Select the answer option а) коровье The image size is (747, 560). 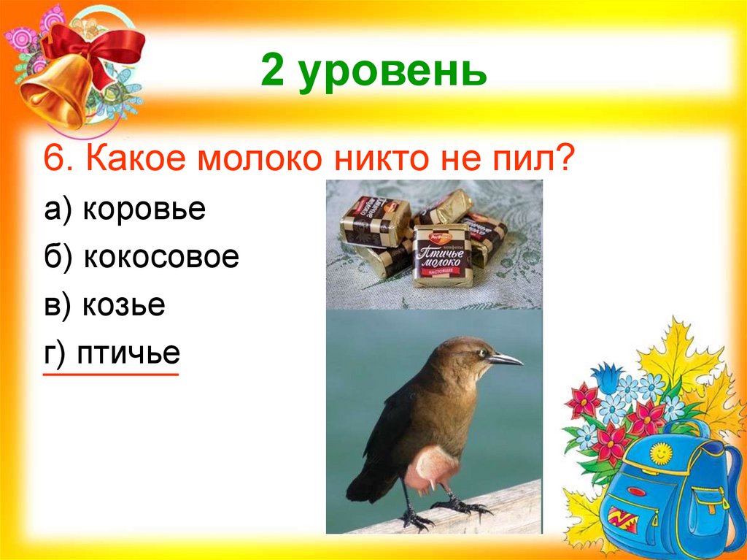pyautogui.click(x=125, y=210)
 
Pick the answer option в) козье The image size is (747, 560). pyautogui.click(x=104, y=305)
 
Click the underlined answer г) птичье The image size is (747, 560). pyautogui.click(x=112, y=353)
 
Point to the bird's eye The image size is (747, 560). pyautogui.click(x=481, y=353)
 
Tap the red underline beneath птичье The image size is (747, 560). pyautogui.click(x=111, y=375)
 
